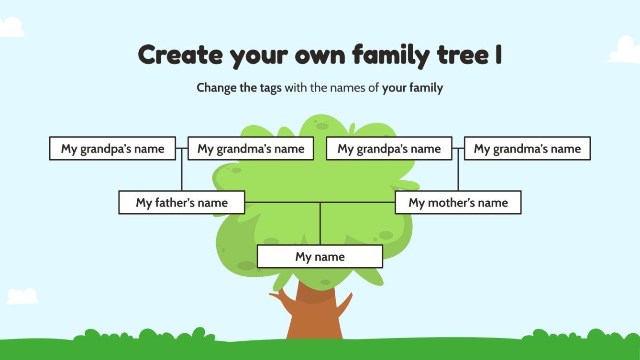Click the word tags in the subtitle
click(x=270, y=88)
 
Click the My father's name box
click(x=181, y=202)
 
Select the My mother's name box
click(x=458, y=202)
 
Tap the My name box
click(x=320, y=257)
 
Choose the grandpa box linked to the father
click(x=112, y=148)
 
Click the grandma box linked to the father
click(x=251, y=148)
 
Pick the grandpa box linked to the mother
click(x=389, y=148)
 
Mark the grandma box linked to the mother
click(x=527, y=148)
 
